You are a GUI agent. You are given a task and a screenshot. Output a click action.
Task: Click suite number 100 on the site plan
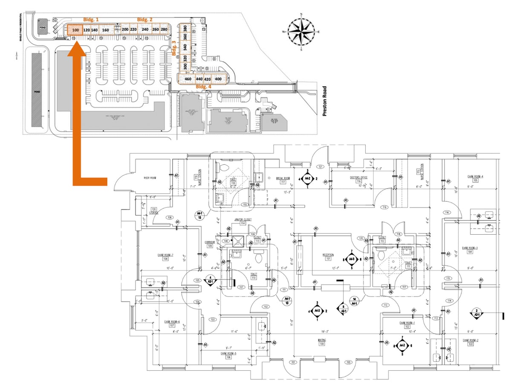click(75, 30)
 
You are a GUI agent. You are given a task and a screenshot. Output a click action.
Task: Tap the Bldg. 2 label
click(144, 20)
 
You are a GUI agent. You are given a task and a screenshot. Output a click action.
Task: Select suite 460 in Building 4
click(188, 79)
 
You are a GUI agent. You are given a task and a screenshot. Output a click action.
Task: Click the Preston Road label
click(325, 102)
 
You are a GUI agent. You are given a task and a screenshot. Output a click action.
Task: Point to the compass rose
click(302, 32)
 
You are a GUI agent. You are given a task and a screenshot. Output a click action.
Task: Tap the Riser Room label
click(150, 177)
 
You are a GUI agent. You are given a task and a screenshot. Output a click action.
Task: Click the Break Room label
click(283, 178)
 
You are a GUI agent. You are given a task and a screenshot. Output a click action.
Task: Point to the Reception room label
click(328, 255)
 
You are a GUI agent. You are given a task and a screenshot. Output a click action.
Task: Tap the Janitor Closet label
click(242, 219)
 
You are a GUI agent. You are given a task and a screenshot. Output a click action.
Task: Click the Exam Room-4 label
click(475, 176)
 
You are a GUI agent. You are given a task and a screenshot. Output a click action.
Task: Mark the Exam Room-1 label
click(407, 323)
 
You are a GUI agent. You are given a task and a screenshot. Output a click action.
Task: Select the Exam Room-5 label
click(229, 353)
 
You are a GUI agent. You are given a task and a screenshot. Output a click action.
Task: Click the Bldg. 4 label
click(203, 86)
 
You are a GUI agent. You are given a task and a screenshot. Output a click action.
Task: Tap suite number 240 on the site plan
click(145, 29)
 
